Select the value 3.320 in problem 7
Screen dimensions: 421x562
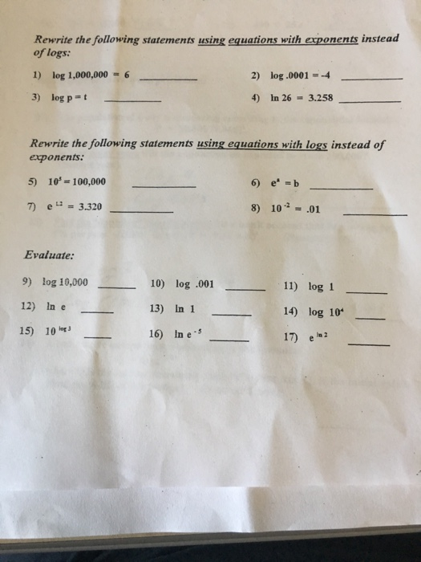coord(83,207)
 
